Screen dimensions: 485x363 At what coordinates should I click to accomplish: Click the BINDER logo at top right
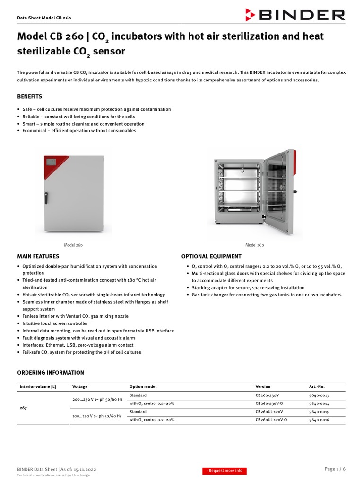click(295, 15)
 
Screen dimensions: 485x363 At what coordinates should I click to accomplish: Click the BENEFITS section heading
click(30, 96)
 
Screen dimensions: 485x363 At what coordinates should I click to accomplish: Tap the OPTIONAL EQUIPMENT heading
click(211, 256)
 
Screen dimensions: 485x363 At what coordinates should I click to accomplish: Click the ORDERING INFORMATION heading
click(51, 373)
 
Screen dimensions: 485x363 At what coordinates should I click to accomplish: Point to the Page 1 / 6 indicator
click(335, 469)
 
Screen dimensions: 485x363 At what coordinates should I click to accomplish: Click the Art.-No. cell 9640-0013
click(319, 395)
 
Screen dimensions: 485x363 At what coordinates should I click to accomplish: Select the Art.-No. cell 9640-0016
click(319, 420)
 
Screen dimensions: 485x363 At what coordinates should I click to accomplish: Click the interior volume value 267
click(23, 407)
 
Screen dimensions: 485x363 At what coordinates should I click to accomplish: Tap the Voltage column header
click(80, 386)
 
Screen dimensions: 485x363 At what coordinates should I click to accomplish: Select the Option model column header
click(143, 386)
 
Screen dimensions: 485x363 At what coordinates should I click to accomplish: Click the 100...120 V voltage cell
click(97, 416)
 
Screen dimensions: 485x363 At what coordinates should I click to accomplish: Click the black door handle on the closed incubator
click(46, 198)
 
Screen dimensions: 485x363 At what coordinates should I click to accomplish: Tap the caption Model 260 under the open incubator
click(254, 245)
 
